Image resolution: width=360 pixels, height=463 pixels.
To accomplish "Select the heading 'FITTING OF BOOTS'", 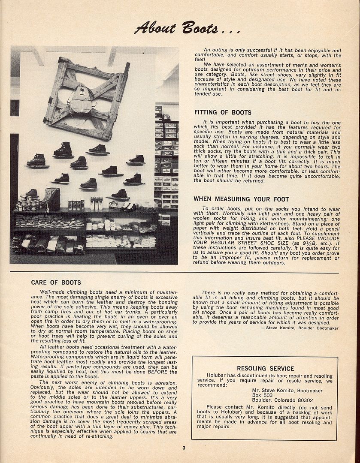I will [223, 113].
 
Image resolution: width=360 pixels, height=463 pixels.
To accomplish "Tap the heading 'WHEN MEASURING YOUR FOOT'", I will [241, 199].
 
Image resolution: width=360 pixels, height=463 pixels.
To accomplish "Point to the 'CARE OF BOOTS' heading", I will [56, 283].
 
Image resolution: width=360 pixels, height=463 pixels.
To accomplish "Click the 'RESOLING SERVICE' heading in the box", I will [265, 368].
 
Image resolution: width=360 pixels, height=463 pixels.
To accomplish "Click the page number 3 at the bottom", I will [183, 448].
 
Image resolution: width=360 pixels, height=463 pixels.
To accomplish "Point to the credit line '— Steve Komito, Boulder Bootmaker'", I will [299, 328].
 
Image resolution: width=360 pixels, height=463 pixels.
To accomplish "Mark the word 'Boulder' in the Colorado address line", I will [263, 400].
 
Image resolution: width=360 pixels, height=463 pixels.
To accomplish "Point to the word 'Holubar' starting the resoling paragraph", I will [217, 375].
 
